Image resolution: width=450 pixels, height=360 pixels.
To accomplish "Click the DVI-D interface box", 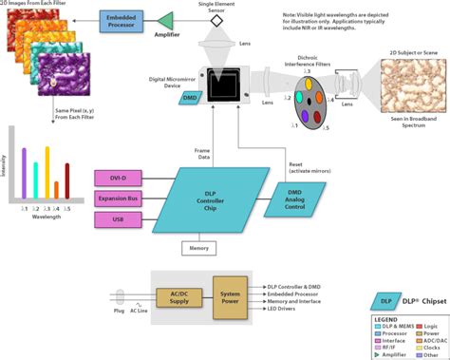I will coord(118,179).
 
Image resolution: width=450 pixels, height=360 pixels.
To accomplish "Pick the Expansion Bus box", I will coord(118,199).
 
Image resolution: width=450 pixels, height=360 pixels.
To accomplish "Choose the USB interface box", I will coord(118,220).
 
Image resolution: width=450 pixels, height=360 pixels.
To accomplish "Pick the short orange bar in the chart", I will coord(56,194).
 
